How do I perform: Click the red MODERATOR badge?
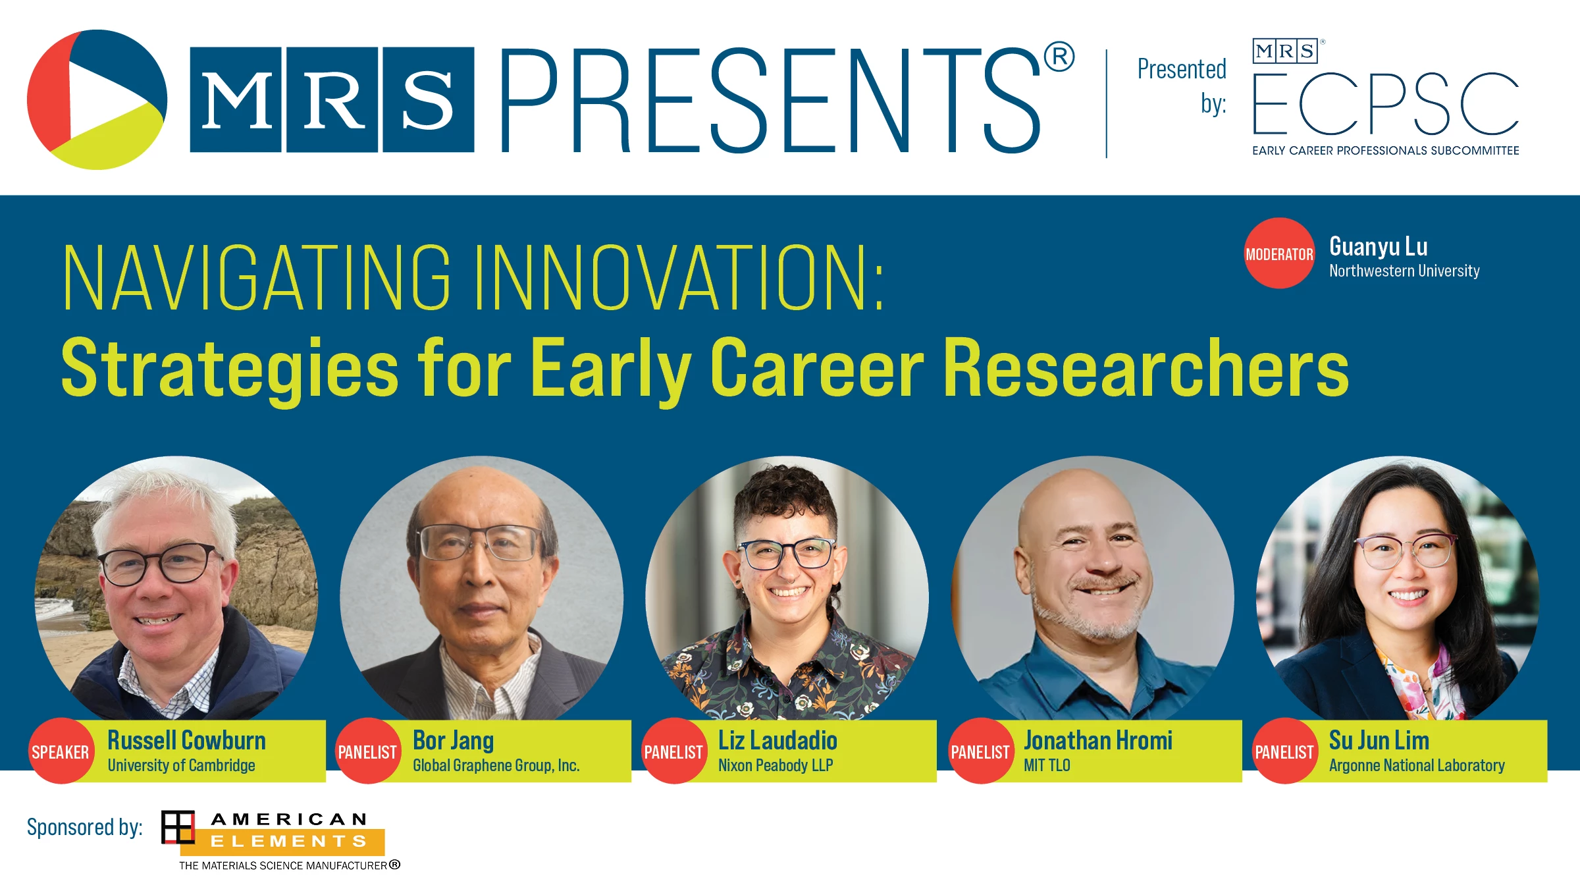[1279, 254]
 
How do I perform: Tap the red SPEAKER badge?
[61, 751]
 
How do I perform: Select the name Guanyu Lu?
[1379, 247]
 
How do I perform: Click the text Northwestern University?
[1404, 271]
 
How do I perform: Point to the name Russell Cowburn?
[187, 740]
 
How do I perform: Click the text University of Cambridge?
[182, 765]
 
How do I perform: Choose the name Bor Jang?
[454, 741]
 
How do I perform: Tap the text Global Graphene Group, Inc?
[496, 765]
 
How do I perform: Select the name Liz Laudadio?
[777, 740]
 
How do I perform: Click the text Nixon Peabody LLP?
[776, 765]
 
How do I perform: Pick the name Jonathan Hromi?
[1098, 740]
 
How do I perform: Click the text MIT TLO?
[1047, 765]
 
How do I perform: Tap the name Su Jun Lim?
[1379, 740]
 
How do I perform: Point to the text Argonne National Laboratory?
[1417, 765]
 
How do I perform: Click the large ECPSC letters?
[1386, 103]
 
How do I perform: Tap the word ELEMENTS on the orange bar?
[288, 842]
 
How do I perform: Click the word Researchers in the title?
[1146, 367]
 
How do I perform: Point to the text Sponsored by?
[85, 827]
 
